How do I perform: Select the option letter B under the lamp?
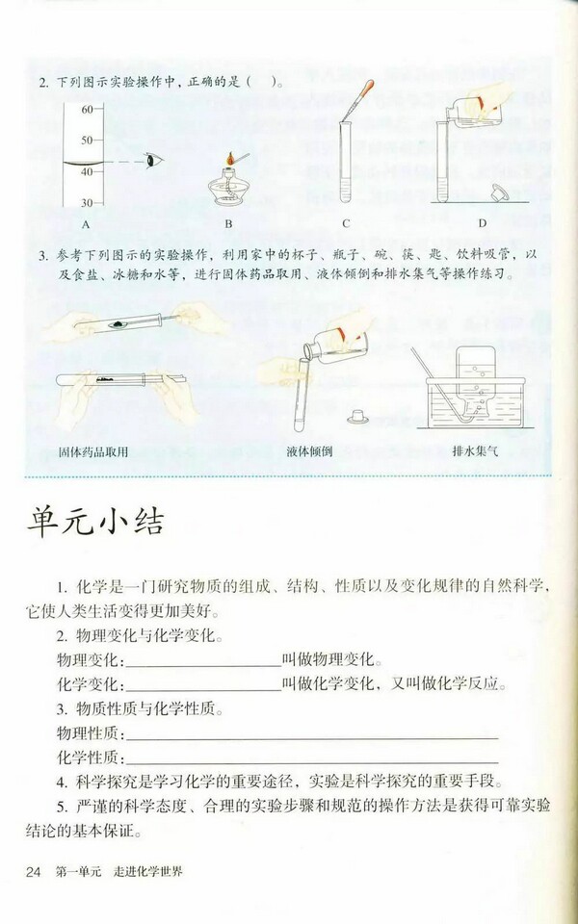228,224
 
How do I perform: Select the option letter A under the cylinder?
86,224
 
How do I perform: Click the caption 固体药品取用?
93,450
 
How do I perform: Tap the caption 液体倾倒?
308,450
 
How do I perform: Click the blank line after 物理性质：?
313,734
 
